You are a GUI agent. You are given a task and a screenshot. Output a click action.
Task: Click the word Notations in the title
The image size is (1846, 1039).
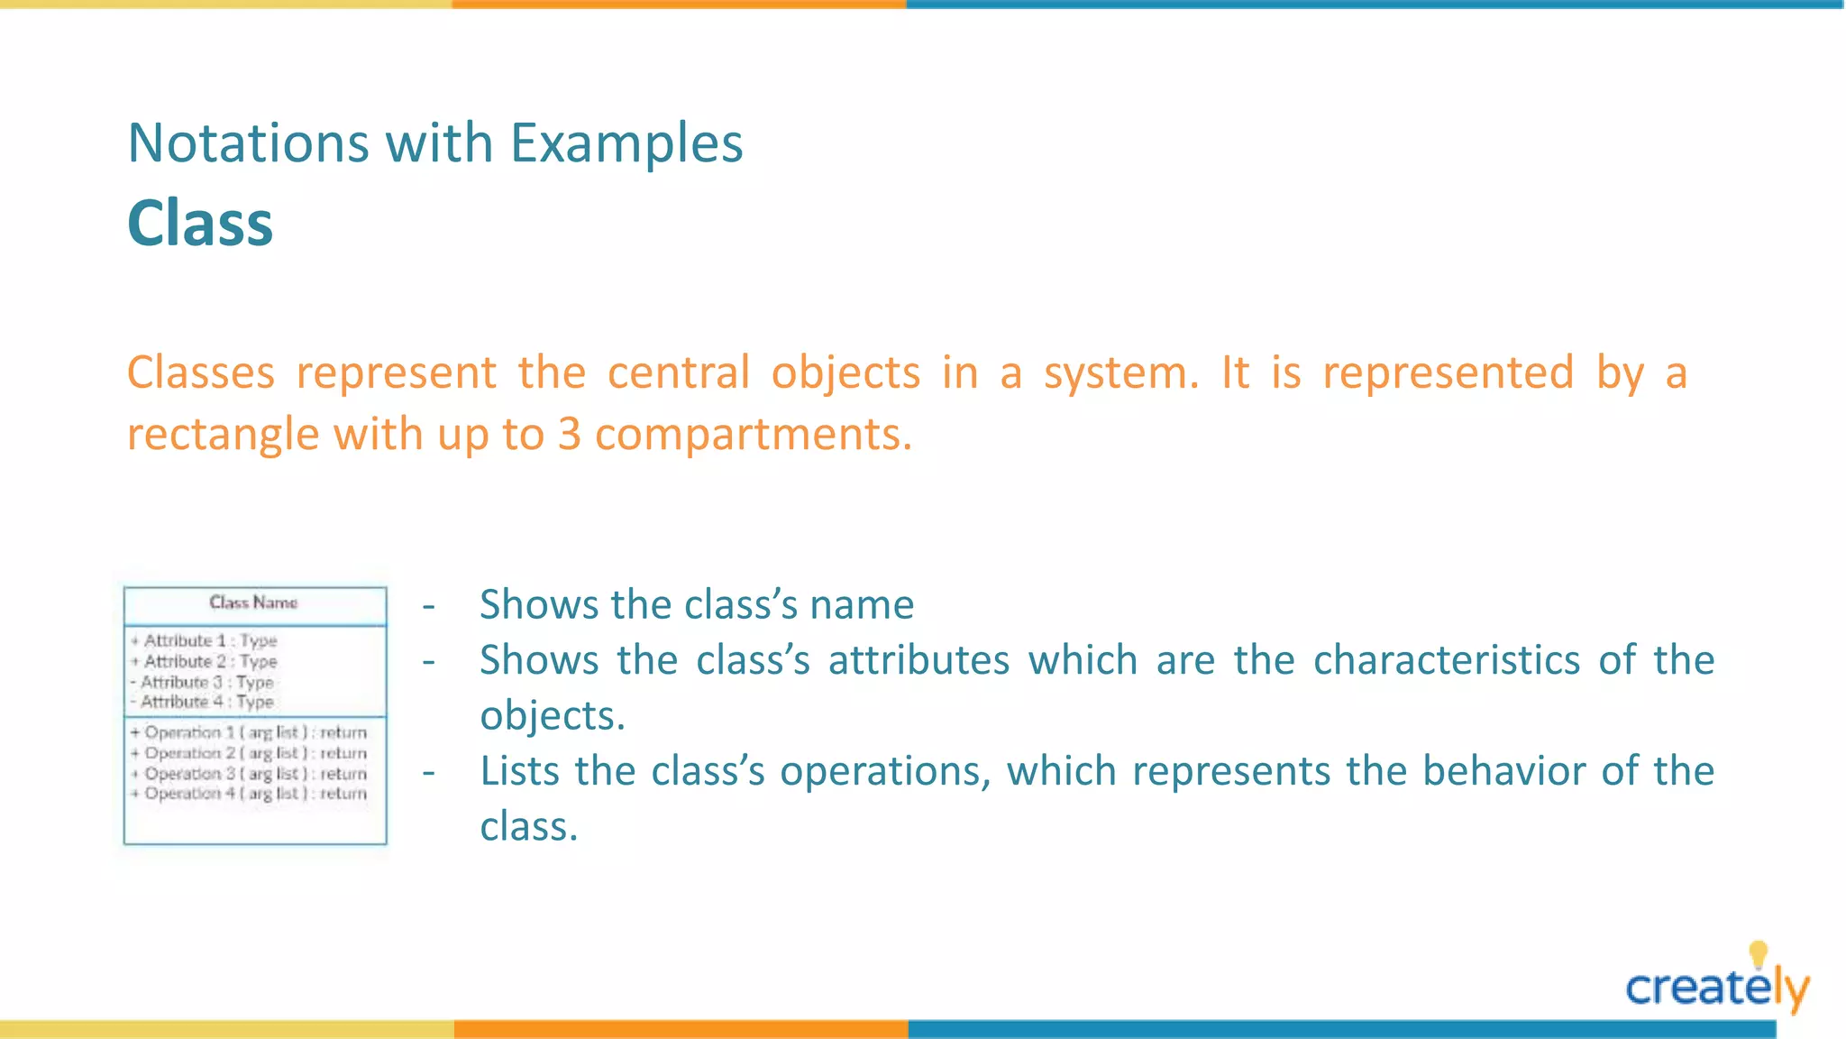pyautogui.click(x=248, y=143)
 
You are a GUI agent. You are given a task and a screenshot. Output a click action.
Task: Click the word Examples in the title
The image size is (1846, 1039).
pyautogui.click(x=626, y=143)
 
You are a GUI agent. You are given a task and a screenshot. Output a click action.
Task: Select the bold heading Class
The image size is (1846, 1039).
pyautogui.click(x=200, y=223)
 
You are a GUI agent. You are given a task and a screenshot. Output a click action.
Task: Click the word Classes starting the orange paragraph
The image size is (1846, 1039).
pyautogui.click(x=200, y=372)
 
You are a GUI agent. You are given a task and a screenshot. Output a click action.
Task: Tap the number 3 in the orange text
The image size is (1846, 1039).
pyautogui.click(x=569, y=434)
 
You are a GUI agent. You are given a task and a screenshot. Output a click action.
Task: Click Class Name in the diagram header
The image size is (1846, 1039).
pyautogui.click(x=253, y=602)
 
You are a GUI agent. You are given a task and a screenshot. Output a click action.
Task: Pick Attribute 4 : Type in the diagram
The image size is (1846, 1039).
pyautogui.click(x=206, y=702)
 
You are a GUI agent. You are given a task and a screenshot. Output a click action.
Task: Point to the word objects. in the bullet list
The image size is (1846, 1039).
pyautogui.click(x=552, y=716)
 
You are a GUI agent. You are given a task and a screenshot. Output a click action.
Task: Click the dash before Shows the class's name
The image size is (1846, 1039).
pyautogui.click(x=429, y=605)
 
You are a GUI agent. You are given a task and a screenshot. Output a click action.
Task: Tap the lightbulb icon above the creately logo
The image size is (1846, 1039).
pyautogui.click(x=1758, y=954)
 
